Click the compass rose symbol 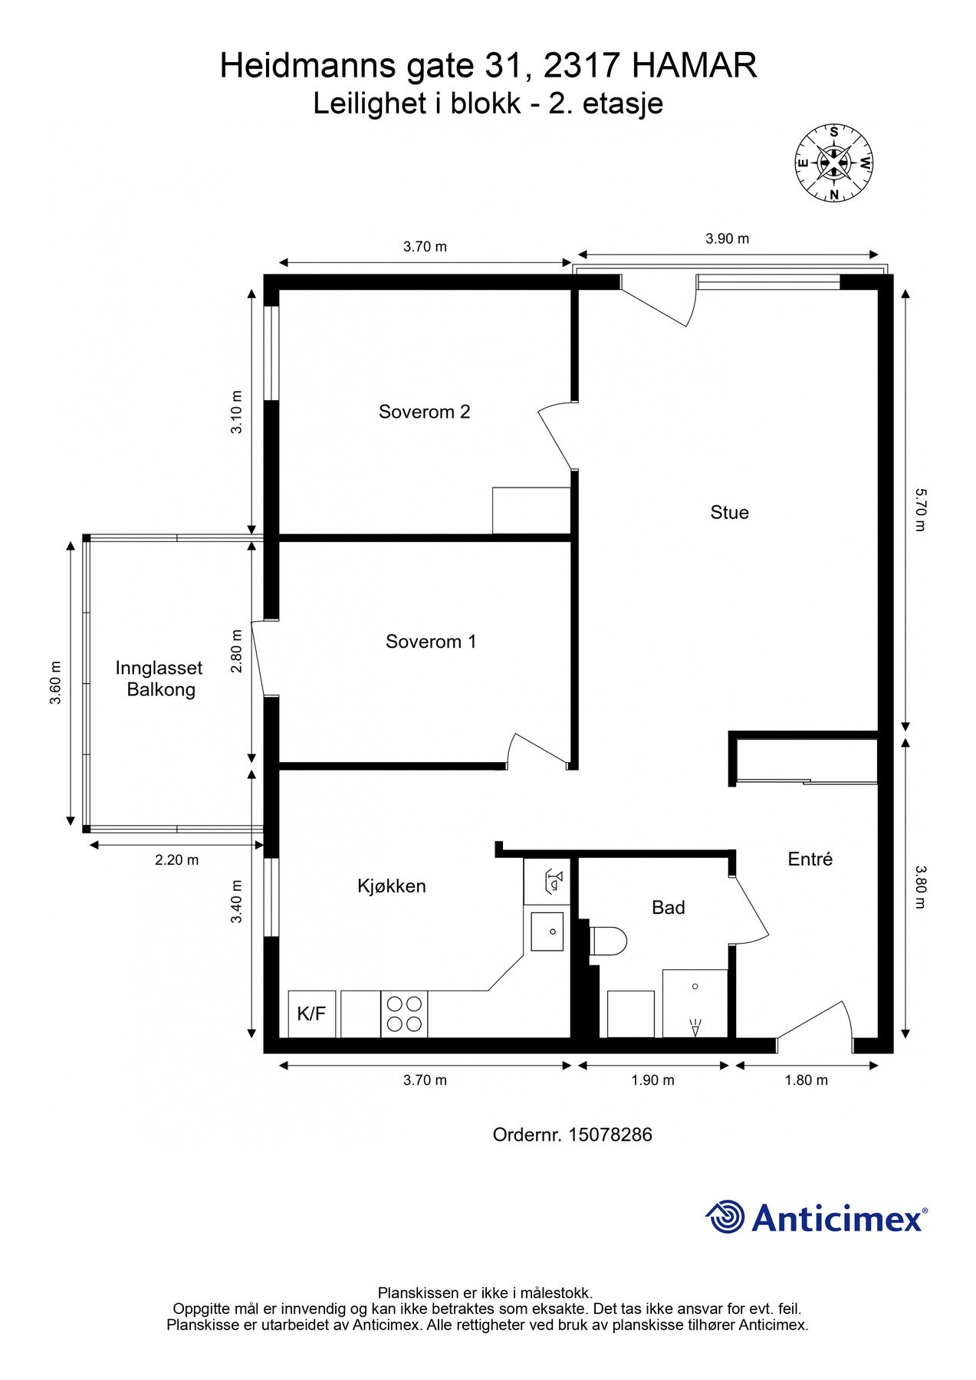coord(834,163)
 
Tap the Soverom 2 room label coord(424,412)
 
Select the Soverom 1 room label coord(431,642)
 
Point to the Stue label coord(729,512)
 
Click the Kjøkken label coord(391,886)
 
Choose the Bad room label coord(668,908)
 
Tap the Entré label coord(810,859)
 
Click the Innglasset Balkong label coord(160,678)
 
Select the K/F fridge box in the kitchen coord(312,1014)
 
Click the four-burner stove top coord(404,1014)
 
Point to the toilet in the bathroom coord(609,940)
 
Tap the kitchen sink coord(547,932)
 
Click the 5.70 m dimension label coord(920,510)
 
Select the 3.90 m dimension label coord(728,238)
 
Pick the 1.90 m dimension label coord(652,1080)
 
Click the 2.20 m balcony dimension coord(177,860)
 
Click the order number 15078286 coord(610,1135)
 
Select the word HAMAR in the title coord(694,66)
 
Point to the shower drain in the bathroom coord(695,986)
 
